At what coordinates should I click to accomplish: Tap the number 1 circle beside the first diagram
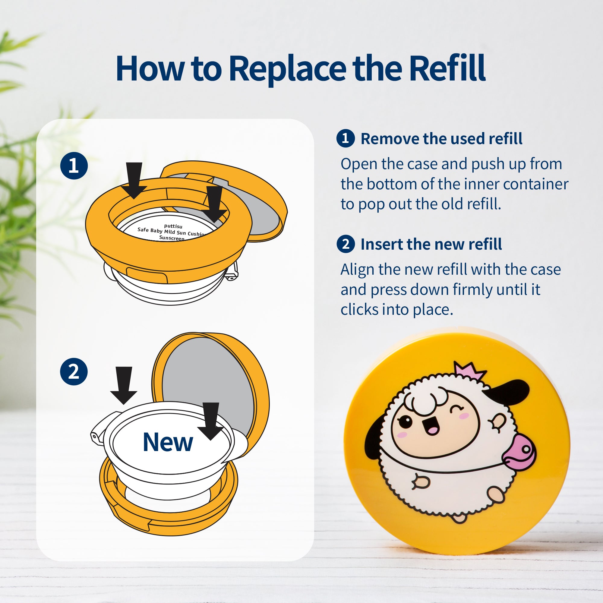tap(74, 166)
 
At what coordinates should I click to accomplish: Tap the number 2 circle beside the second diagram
tap(74, 371)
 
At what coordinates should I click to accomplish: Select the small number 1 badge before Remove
tap(346, 138)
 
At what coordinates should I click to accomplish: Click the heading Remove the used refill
tap(441, 139)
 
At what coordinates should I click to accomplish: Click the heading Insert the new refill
tap(431, 244)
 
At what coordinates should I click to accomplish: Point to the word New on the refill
tap(168, 442)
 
